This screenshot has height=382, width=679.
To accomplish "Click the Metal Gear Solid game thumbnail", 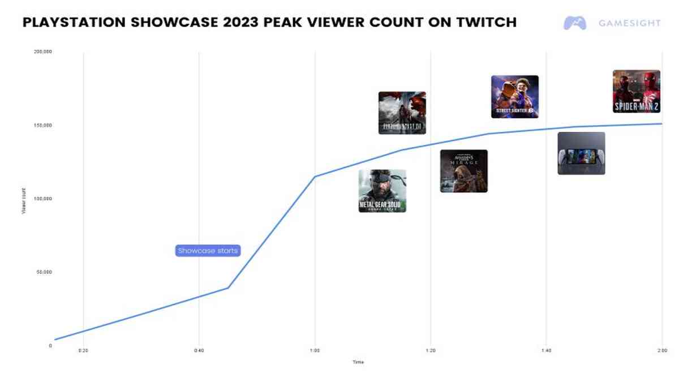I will pos(382,191).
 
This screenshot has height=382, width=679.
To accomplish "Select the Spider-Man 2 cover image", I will pos(636,91).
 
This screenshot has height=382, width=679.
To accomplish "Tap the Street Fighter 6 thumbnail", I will pos(514,97).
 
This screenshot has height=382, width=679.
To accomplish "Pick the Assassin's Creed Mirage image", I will pos(463,171).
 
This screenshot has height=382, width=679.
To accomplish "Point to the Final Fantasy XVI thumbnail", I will pos(402,113).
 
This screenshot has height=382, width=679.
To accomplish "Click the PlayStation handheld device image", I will pos(581,153).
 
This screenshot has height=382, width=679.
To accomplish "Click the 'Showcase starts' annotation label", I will pos(208,251).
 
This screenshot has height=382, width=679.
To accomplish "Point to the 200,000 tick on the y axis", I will pos(44,52).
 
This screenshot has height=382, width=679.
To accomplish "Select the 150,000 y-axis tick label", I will pos(44,125).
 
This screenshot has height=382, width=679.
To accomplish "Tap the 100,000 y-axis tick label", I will pos(44,199).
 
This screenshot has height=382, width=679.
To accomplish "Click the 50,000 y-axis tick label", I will pos(45,272).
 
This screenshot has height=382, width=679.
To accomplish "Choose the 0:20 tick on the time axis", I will pos(83,351).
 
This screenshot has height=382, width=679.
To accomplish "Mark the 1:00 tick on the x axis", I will pos(315,351).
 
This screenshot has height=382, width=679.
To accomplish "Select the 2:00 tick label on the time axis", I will pos(661,351).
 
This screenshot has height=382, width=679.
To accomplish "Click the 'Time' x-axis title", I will pos(358,362).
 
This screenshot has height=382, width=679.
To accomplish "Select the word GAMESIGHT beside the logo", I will pos(629,23).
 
